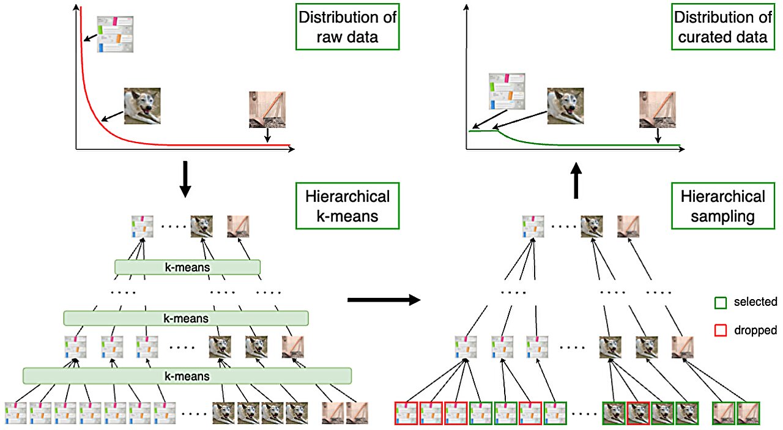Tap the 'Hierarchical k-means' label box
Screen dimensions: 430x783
347,206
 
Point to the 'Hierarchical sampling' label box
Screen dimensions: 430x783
722,206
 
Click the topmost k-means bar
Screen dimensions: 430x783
187,267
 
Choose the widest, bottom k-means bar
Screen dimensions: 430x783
187,376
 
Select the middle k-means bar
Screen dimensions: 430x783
186,318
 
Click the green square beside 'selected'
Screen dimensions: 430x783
721,302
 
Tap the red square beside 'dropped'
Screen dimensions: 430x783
721,330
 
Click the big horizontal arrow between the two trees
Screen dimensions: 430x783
384,300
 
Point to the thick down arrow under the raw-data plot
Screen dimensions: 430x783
184,179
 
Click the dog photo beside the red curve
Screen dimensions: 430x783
142,106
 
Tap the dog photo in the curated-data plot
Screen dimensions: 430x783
566,106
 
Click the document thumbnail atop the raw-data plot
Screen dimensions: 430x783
116,34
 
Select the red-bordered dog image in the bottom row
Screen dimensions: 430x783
638,413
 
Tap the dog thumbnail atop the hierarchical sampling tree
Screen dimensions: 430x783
592,226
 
